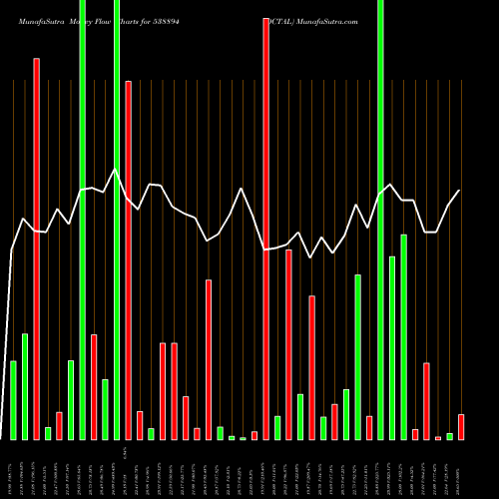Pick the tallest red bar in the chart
(266, 229)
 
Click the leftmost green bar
(14, 399)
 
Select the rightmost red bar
(461, 426)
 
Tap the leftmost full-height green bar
(82, 220)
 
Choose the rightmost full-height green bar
(381, 220)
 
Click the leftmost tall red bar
(37, 249)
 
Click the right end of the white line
(460, 191)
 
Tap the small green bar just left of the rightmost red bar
(450, 436)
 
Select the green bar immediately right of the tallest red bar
(277, 427)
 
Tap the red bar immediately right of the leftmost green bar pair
(37, 249)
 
